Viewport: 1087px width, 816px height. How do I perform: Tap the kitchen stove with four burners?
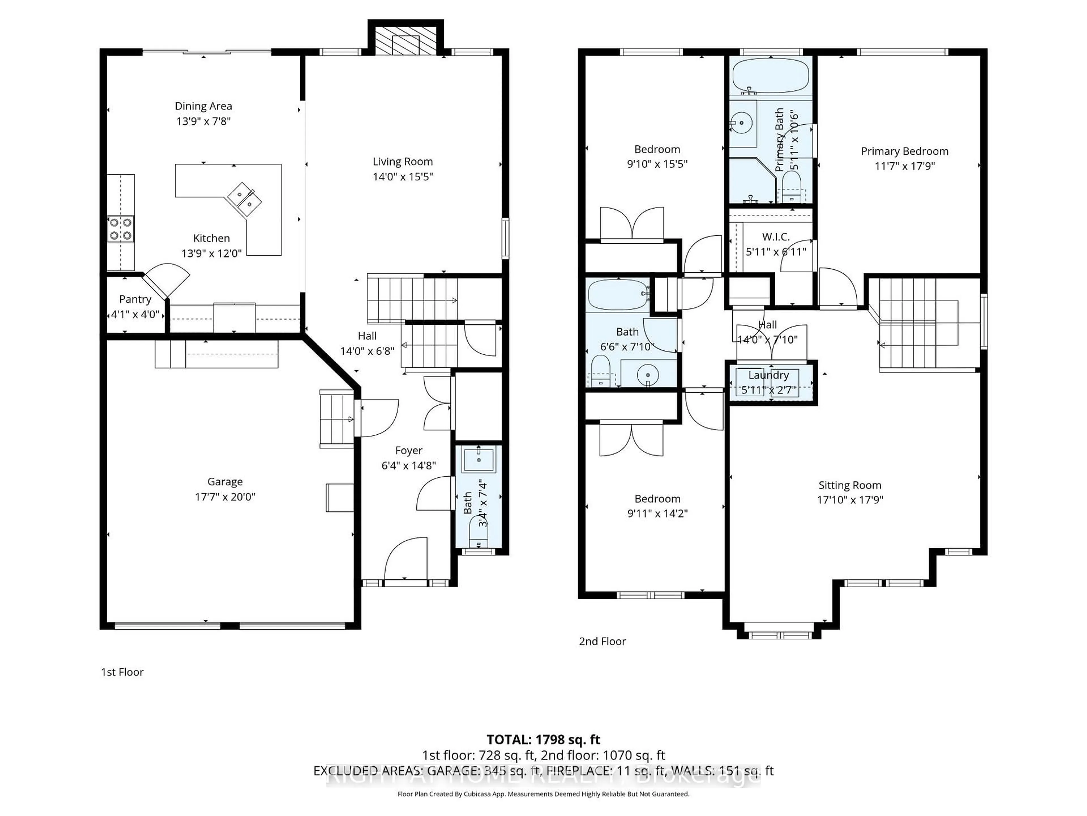click(x=121, y=229)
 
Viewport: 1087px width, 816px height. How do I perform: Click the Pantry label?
click(x=135, y=299)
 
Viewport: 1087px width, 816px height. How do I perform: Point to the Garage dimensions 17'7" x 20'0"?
click(x=225, y=497)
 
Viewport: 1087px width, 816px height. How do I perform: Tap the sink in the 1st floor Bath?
click(x=479, y=459)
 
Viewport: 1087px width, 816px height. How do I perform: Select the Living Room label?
click(x=403, y=161)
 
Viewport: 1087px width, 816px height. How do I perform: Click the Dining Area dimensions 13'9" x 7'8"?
click(x=204, y=121)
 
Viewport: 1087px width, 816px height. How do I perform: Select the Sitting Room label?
click(x=850, y=485)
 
